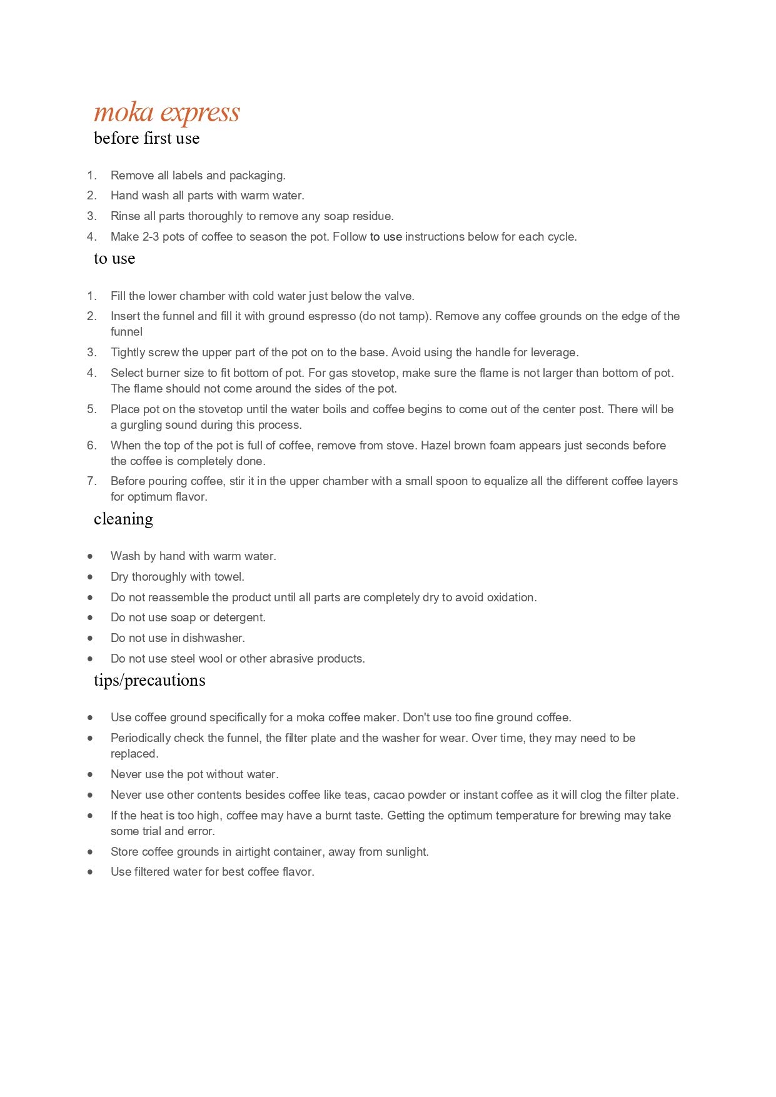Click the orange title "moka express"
[x=166, y=113]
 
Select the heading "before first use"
[x=146, y=138]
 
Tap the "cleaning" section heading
[x=123, y=519]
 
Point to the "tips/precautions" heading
[x=149, y=680]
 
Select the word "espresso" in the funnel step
[x=326, y=316]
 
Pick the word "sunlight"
[x=405, y=852]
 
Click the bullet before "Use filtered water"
[x=91, y=872]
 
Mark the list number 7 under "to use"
[x=91, y=481]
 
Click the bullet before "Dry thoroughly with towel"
[x=91, y=577]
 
